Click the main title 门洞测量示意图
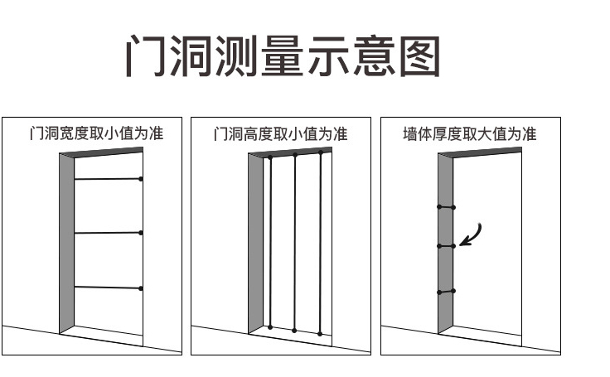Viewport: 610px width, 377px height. pos(282,56)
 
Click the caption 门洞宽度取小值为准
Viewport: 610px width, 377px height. pos(96,133)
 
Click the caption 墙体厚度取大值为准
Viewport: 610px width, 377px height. pos(470,133)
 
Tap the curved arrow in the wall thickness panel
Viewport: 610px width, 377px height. pos(472,234)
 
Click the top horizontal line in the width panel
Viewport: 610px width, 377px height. pos(108,179)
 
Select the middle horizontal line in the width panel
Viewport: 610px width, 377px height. pos(108,233)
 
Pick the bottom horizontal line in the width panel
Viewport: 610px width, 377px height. pos(108,288)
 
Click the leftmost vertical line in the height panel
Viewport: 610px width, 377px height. pos(270,240)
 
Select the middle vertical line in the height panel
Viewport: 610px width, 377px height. pos(294,240)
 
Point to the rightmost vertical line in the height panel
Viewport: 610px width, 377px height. pos(319,240)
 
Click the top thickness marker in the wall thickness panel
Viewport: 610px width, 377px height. pos(446,205)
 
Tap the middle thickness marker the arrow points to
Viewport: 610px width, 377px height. pos(446,246)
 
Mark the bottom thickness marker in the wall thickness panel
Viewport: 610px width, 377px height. pos(446,292)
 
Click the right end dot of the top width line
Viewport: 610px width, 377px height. pos(141,179)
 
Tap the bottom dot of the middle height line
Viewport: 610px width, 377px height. pos(294,331)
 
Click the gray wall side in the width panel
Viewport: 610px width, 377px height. pos(67,244)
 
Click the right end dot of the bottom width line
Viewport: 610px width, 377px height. pos(141,288)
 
